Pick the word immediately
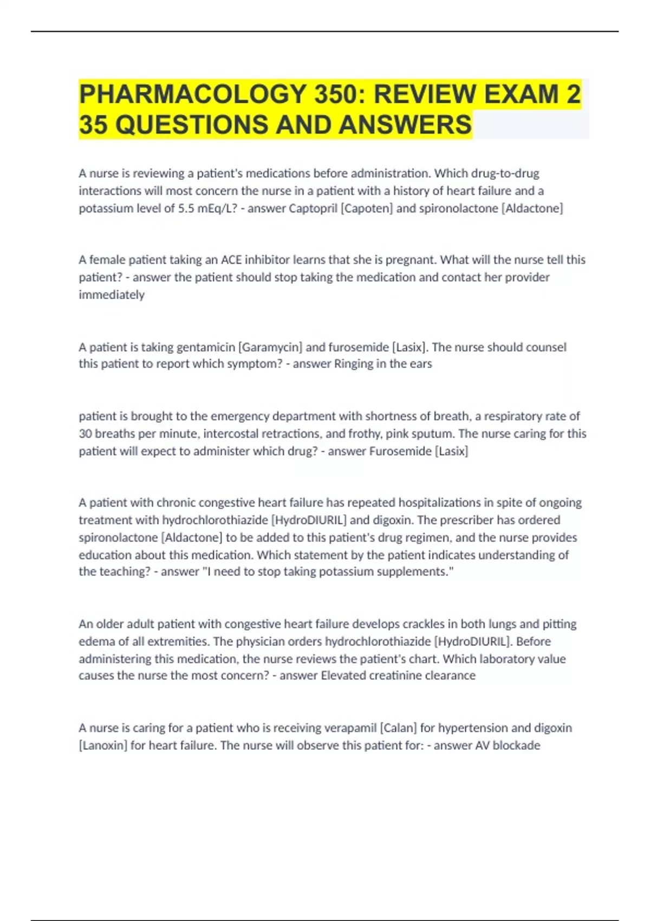click(112, 295)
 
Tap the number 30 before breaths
click(86, 434)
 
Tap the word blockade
click(516, 745)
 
